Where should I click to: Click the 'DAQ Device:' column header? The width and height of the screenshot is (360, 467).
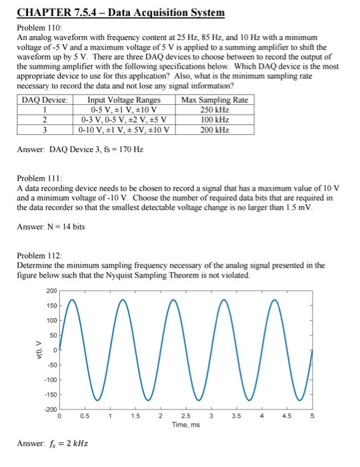(45, 100)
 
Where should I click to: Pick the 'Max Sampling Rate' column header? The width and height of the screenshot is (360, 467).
(214, 100)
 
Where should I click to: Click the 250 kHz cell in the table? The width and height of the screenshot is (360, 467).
(214, 109)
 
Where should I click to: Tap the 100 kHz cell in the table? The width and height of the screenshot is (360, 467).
(214, 119)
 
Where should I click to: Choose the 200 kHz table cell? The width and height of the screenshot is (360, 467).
(214, 129)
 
